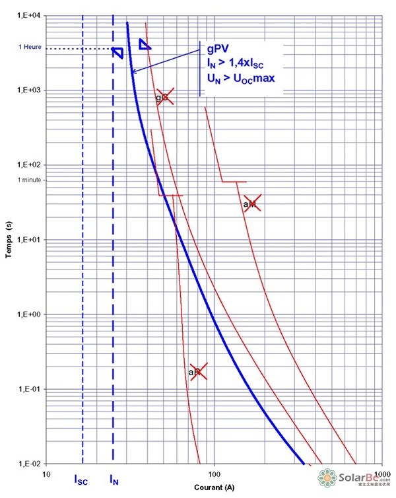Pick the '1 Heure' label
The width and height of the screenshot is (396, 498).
[x=28, y=48]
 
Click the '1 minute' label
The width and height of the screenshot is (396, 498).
[x=28, y=180]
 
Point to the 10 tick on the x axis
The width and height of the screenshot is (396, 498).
[x=46, y=474]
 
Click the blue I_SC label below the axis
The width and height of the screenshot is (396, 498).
[x=81, y=480]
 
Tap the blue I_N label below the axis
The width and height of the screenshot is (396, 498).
[x=114, y=480]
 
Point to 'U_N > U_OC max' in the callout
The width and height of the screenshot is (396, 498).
[x=240, y=79]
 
